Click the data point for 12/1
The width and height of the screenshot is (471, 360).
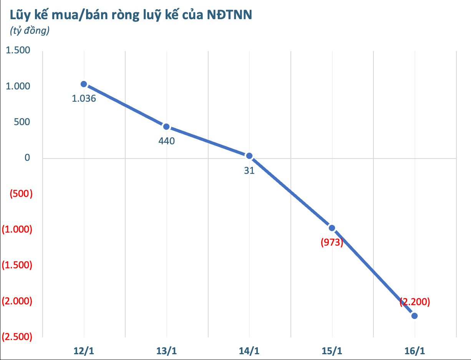tap(84, 84)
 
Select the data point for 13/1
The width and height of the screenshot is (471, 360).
tap(166, 127)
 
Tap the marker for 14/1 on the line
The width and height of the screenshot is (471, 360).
tap(249, 156)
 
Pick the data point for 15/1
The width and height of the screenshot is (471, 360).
tap(332, 228)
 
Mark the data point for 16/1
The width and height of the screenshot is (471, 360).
tap(415, 316)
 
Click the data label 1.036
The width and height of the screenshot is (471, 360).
tap(84, 98)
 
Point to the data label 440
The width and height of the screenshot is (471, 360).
tap(166, 141)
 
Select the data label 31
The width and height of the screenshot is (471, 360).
tap(249, 170)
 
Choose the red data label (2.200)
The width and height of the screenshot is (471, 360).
tap(415, 302)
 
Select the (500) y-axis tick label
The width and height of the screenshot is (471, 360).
tap(21, 194)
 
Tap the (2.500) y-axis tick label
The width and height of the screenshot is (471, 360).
tap(17, 337)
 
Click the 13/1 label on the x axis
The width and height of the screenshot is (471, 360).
tap(166, 350)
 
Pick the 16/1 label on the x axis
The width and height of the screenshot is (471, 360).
tap(415, 350)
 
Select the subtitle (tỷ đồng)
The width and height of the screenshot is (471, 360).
tap(29, 31)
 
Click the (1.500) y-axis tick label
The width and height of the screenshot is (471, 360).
tap(17, 265)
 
